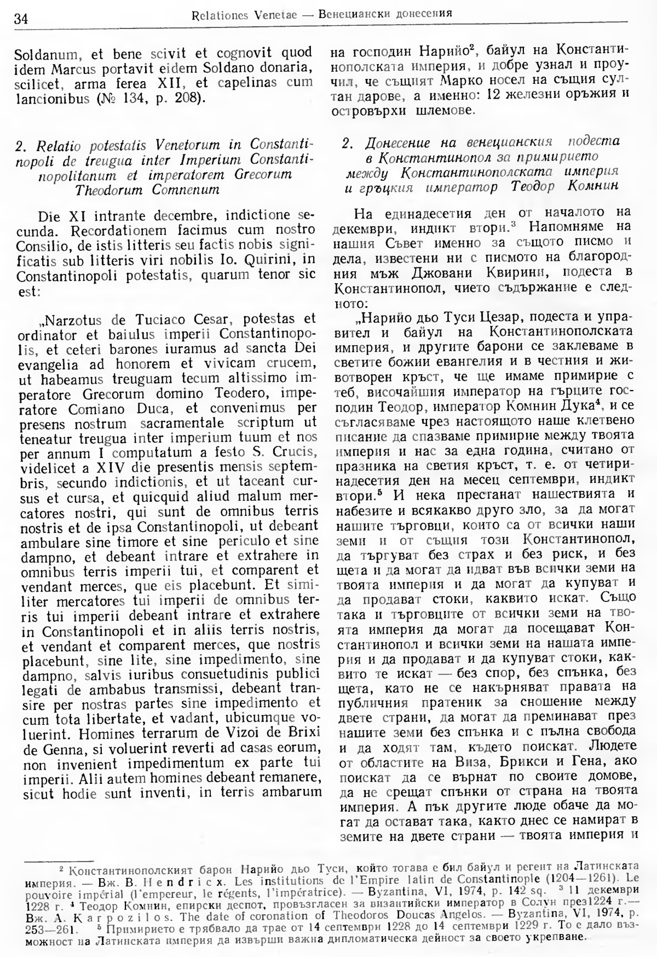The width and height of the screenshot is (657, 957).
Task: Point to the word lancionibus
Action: pos(48,99)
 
